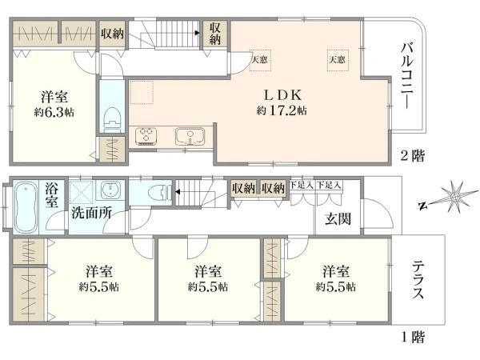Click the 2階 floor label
pos(412,155)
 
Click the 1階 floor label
pos(412,338)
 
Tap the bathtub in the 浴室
pos(25,207)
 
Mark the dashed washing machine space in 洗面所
pos(81,193)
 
